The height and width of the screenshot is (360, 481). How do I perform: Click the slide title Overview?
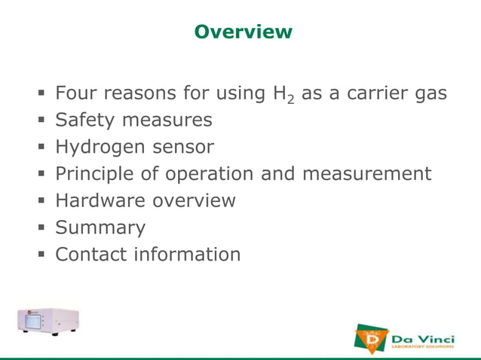click(x=242, y=32)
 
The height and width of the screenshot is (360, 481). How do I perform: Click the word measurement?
click(x=366, y=174)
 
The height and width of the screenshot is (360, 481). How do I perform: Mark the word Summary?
click(x=100, y=227)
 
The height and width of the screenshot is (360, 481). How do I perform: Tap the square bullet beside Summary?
click(x=44, y=228)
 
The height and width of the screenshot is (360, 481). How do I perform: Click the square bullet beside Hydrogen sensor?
click(x=44, y=148)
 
